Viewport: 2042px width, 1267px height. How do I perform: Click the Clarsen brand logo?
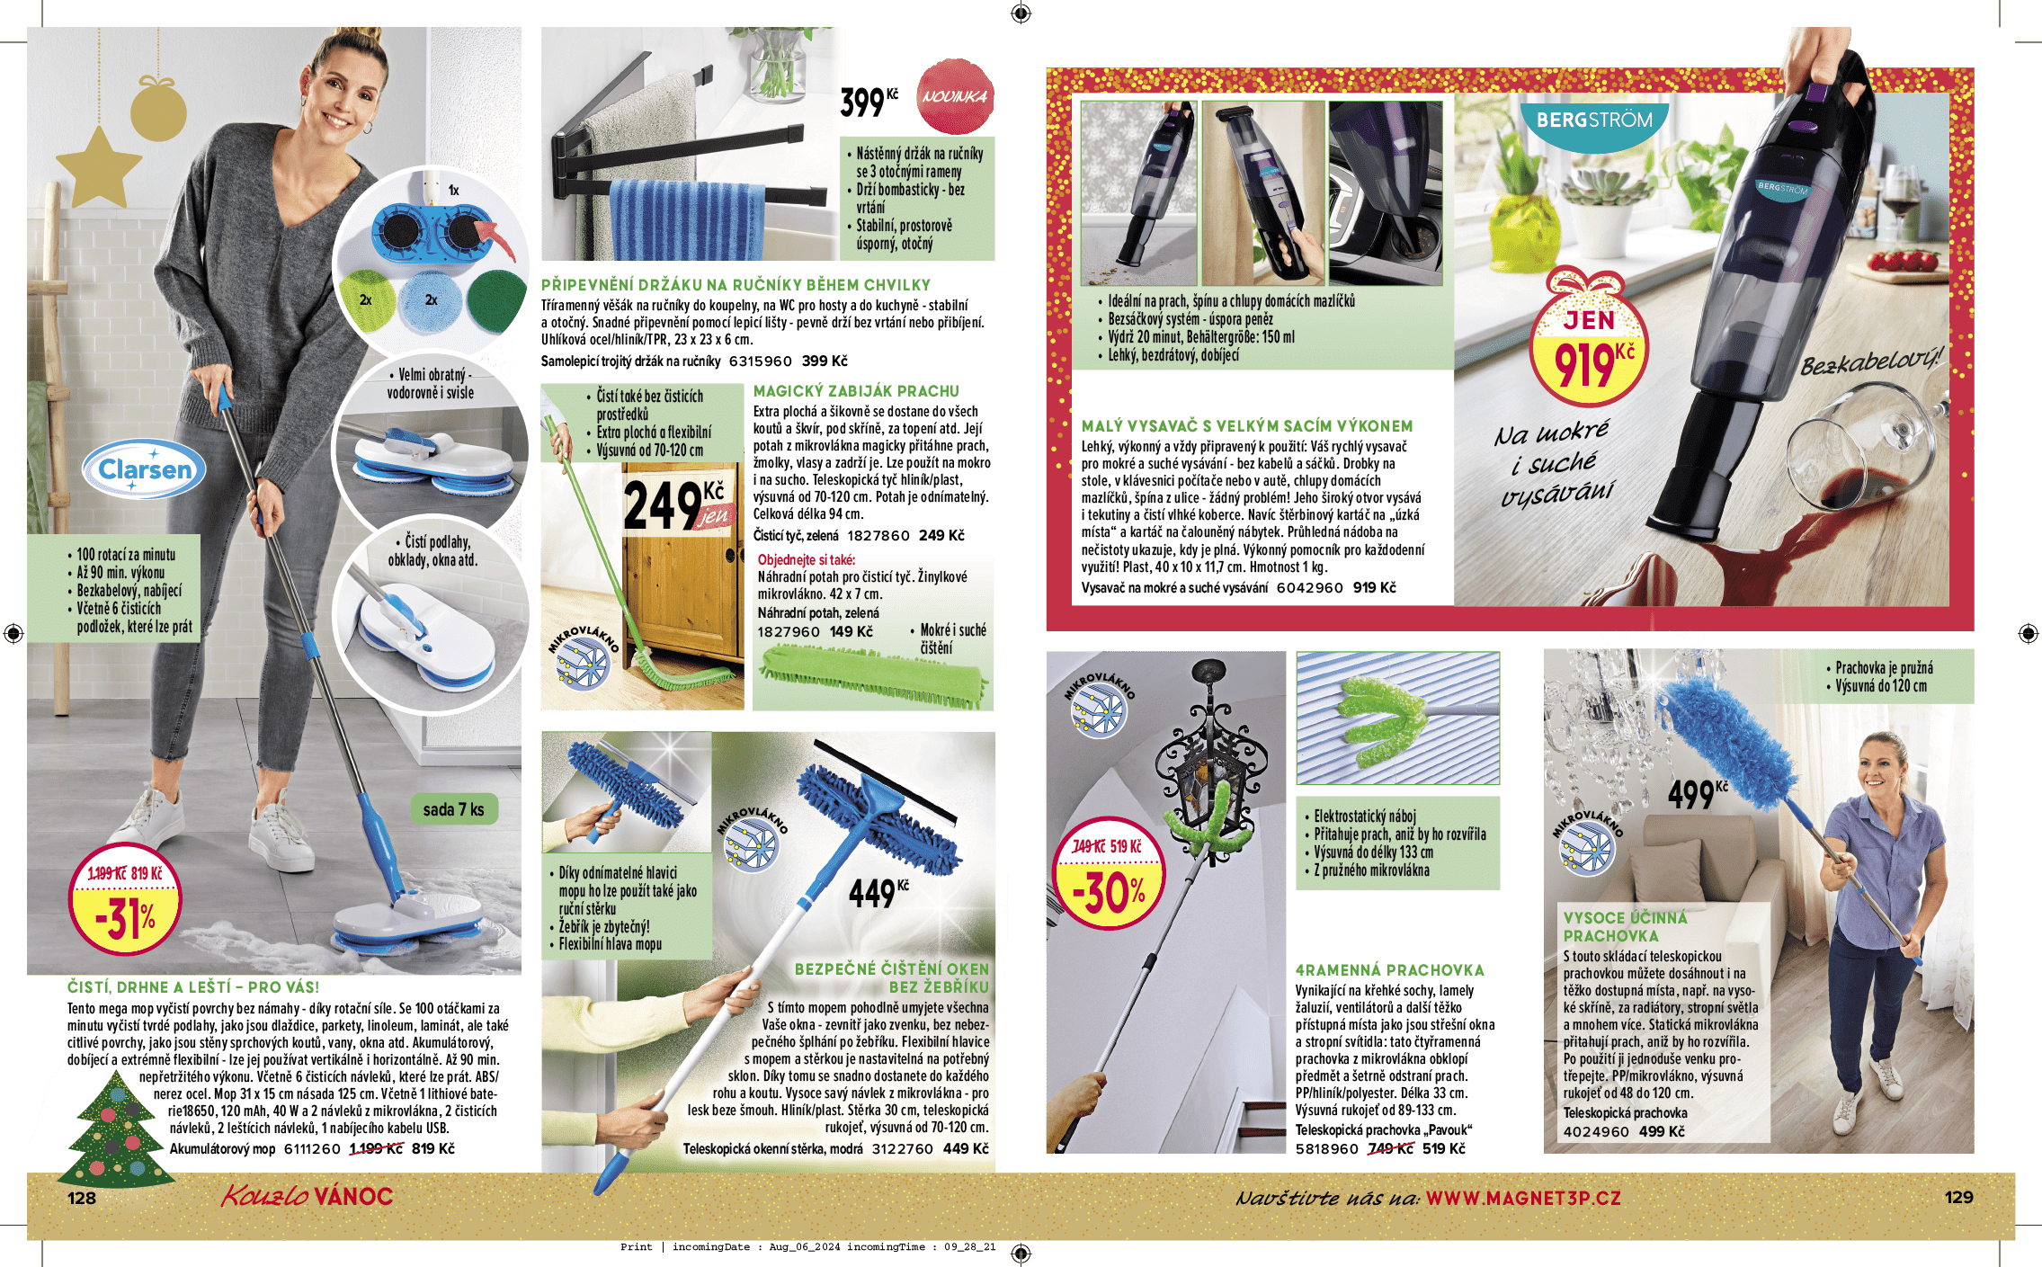point(144,469)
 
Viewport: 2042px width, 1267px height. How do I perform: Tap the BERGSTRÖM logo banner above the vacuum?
point(1593,121)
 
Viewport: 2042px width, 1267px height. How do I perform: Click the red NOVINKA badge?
point(955,96)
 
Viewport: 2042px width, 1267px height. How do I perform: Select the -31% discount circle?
point(125,899)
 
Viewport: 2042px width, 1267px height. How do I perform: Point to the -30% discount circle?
point(1108,873)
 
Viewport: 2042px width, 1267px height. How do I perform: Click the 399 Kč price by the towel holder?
point(869,102)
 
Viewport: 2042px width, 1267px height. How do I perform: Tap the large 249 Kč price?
point(674,504)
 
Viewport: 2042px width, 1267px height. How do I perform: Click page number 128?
point(82,1198)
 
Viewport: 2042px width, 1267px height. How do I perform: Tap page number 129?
point(1958,1197)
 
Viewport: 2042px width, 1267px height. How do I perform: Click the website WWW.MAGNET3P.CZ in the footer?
point(1523,1198)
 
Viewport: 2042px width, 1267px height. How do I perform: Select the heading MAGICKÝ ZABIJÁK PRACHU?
point(856,391)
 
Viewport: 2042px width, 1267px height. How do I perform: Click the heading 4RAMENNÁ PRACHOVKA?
point(1389,970)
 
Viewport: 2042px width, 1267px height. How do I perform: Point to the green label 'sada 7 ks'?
point(453,809)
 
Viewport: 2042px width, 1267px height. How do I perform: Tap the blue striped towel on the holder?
point(683,220)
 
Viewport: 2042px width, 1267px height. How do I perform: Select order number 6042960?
point(1309,588)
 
